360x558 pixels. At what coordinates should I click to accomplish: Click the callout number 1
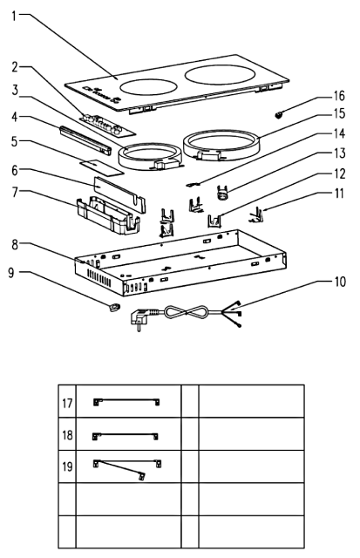[x=14, y=16]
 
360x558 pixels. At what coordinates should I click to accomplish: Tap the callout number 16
[x=339, y=96]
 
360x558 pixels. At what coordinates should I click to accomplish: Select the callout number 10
[x=340, y=282]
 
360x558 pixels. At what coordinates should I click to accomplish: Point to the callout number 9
[x=11, y=273]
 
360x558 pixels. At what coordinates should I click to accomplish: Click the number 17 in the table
[x=67, y=403]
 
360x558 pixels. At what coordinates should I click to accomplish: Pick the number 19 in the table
[x=67, y=466]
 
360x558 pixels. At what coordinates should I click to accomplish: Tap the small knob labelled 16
[x=278, y=115]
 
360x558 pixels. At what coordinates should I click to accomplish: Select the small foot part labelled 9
[x=114, y=307]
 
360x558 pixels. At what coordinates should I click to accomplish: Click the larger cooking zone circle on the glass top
[x=221, y=75]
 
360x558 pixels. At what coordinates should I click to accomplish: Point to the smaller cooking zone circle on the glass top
[x=148, y=87]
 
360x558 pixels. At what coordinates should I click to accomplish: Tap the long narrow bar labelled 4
[x=85, y=139]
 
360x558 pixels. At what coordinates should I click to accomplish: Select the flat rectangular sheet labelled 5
[x=102, y=167]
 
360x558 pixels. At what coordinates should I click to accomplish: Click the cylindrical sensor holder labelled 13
[x=223, y=193]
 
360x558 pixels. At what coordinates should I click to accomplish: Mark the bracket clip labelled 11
[x=257, y=215]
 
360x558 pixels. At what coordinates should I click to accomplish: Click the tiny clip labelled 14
[x=194, y=184]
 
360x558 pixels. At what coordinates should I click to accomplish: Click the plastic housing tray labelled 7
[x=108, y=216]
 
